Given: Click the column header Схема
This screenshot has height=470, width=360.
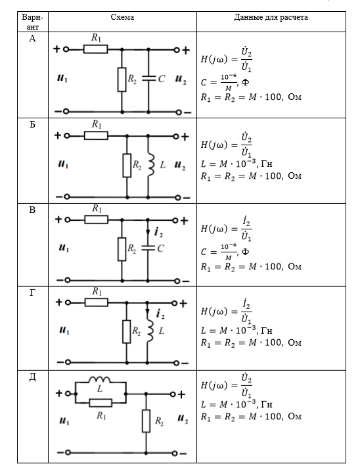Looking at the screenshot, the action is coord(122,17).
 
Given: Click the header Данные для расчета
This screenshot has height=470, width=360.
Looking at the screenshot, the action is coord(271,17).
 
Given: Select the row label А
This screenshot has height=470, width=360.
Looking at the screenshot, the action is coord(32,39).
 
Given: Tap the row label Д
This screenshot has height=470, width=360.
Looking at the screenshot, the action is coord(32,377).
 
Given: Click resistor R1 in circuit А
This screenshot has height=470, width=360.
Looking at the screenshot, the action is coord(95,49).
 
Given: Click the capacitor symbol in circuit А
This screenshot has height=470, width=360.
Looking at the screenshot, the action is coord(148,78).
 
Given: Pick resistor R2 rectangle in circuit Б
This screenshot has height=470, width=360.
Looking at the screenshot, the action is coord(127,166).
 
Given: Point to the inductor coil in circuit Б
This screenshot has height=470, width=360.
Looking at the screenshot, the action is coord(150,165).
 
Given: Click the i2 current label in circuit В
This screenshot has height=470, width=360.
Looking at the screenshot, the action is coord(158,232).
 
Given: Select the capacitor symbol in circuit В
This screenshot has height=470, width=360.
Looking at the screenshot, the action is coord(148,248).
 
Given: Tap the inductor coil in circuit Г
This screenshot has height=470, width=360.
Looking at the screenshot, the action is coord(150,331).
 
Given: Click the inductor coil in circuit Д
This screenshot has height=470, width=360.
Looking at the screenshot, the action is coord(99,380).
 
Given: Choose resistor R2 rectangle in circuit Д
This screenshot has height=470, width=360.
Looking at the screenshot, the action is coord(146,421).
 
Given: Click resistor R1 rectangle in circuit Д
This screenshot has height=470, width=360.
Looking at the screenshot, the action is coord(101,402).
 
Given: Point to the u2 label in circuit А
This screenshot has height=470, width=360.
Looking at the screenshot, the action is coord(181,79).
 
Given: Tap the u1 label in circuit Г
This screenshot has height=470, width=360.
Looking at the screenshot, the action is coord(64,331).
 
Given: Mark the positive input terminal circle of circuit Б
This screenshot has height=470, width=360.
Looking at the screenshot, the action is coord(67,136).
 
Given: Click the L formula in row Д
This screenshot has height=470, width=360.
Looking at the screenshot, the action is coord(236,404).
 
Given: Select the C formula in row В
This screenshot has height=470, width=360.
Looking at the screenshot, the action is coord(225,251).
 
